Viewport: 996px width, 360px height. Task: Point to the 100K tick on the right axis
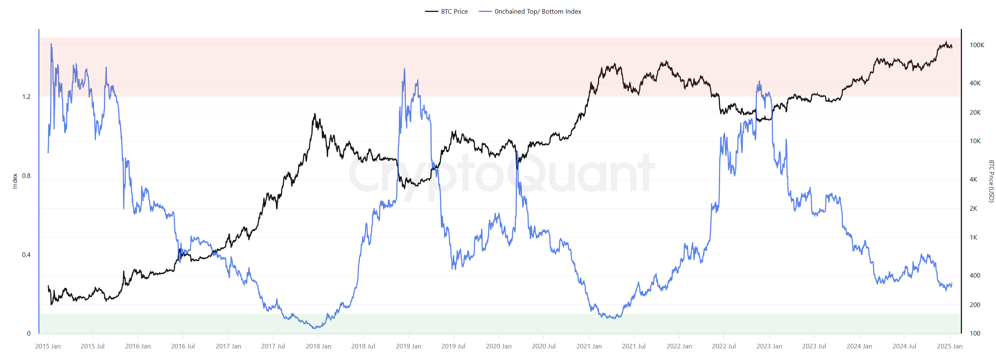tap(977, 45)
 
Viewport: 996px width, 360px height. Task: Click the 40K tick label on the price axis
tap(975, 83)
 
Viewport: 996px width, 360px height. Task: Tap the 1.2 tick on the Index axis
tap(26, 96)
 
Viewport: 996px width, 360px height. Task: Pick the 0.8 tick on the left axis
tap(26, 175)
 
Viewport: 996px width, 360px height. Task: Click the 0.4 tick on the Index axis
tap(26, 254)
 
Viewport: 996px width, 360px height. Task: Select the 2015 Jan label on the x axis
tap(48, 346)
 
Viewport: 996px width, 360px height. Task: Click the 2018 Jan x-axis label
tap(318, 346)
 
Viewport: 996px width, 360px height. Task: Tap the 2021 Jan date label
tap(589, 346)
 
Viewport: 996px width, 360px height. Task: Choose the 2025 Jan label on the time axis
tap(950, 346)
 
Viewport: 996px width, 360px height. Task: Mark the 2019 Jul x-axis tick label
tap(453, 346)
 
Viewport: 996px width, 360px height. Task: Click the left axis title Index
tap(15, 181)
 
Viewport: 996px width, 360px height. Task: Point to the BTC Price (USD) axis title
tap(991, 181)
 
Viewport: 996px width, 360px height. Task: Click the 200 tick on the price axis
tap(975, 305)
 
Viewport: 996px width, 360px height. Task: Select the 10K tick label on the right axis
tap(975, 141)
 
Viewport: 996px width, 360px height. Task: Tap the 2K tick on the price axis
tap(973, 208)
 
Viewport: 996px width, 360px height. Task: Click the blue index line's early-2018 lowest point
tap(315, 328)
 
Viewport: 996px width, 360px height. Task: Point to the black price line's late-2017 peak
tap(315, 114)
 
